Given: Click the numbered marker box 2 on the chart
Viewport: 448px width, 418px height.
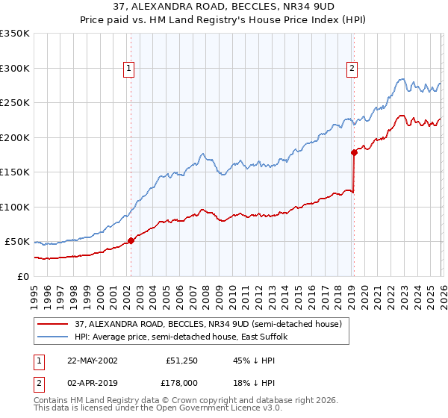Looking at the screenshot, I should (x=351, y=69).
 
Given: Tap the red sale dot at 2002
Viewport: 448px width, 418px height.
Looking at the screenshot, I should (x=131, y=240).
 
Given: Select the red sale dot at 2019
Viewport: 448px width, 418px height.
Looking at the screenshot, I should (x=354, y=152).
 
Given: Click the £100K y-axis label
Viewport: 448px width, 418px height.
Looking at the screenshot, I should (x=15, y=207).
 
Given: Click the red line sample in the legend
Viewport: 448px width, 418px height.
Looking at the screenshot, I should (x=54, y=324).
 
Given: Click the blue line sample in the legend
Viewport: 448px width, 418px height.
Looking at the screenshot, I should (x=54, y=337).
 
